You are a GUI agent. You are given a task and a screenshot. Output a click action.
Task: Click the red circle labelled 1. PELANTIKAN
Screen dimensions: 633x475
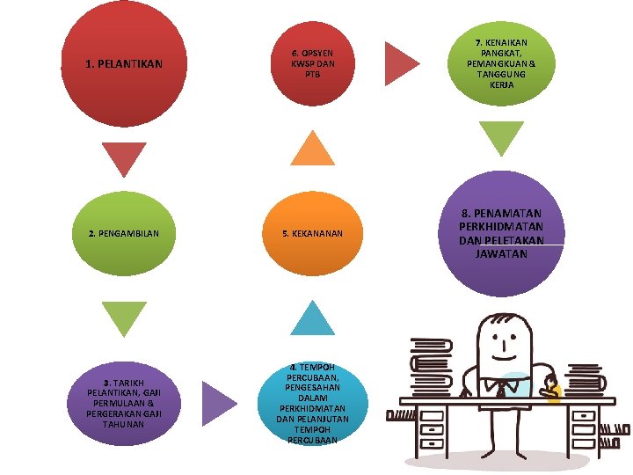point(124,64)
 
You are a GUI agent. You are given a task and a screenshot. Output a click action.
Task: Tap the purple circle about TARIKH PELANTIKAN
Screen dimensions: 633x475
point(124,403)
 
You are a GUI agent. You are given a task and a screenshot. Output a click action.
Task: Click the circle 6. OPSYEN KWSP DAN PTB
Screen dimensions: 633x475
point(312,64)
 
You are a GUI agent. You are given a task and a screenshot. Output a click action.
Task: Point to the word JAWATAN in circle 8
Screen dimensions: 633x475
point(501,254)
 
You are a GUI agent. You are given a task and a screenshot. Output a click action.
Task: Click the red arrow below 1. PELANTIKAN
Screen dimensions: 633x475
point(124,158)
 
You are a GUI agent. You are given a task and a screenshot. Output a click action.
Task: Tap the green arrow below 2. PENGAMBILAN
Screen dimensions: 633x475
point(124,318)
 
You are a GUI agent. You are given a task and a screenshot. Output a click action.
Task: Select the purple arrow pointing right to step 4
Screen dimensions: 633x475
point(218,403)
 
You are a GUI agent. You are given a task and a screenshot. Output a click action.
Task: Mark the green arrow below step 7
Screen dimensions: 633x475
point(501,139)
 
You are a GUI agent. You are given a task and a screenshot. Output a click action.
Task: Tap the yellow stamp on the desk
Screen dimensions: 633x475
point(553,391)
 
